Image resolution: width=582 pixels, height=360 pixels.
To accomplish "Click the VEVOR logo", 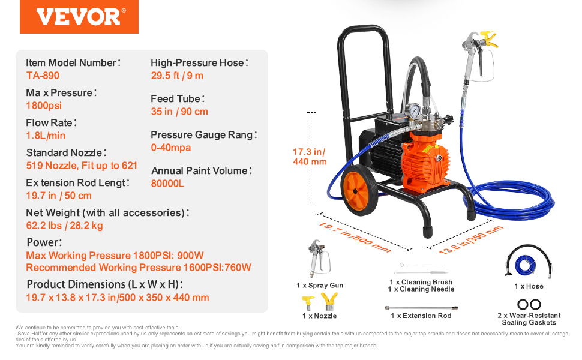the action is (79, 17).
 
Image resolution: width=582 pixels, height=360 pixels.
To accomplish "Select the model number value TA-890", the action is (43, 76).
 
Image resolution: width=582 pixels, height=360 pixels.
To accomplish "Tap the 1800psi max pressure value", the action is (44, 106).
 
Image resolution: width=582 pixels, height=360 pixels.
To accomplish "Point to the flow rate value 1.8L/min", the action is (46, 136).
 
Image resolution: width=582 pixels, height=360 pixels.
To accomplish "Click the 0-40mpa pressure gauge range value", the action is (171, 148).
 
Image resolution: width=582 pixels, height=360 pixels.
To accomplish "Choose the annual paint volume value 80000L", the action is (167, 184).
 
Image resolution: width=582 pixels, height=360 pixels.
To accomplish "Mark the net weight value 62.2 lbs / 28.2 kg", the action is (65, 225).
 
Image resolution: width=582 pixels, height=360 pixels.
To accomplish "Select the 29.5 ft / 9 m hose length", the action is (177, 76).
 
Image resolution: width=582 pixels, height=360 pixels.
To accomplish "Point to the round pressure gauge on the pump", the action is (413, 110).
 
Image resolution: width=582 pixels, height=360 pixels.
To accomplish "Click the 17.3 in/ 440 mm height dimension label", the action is (310, 157).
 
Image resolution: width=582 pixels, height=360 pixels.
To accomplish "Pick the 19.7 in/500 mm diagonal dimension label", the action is (355, 237).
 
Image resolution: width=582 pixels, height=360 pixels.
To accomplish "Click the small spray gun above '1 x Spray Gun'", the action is (319, 258).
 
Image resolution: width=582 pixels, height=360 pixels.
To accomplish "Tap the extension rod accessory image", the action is (421, 308).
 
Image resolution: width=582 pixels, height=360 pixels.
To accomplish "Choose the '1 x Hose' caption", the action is (529, 286).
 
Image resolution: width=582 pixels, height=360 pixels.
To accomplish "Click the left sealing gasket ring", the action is (523, 304).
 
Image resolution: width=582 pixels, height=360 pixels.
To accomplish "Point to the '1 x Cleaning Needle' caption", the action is (421, 289).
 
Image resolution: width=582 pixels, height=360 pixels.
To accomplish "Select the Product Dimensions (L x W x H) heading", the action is (104, 284).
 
